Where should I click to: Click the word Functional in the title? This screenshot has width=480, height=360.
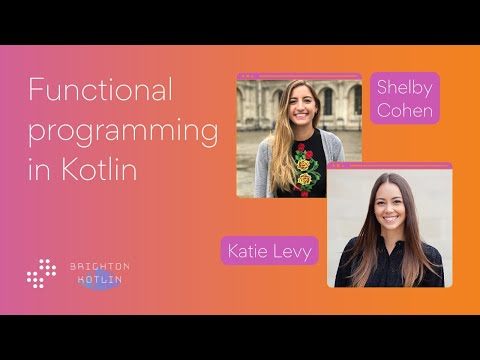click(101, 91)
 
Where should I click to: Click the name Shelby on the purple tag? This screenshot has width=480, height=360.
click(405, 88)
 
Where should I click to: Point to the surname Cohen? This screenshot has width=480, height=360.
click(405, 110)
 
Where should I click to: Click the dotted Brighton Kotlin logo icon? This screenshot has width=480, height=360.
click(42, 273)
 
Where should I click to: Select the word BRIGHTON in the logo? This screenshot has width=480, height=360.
click(99, 266)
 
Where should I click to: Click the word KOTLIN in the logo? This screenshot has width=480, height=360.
click(99, 281)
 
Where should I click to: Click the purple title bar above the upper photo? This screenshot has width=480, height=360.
click(300, 76)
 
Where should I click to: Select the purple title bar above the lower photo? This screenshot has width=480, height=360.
click(390, 166)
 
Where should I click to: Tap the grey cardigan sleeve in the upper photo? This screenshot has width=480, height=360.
click(263, 170)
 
